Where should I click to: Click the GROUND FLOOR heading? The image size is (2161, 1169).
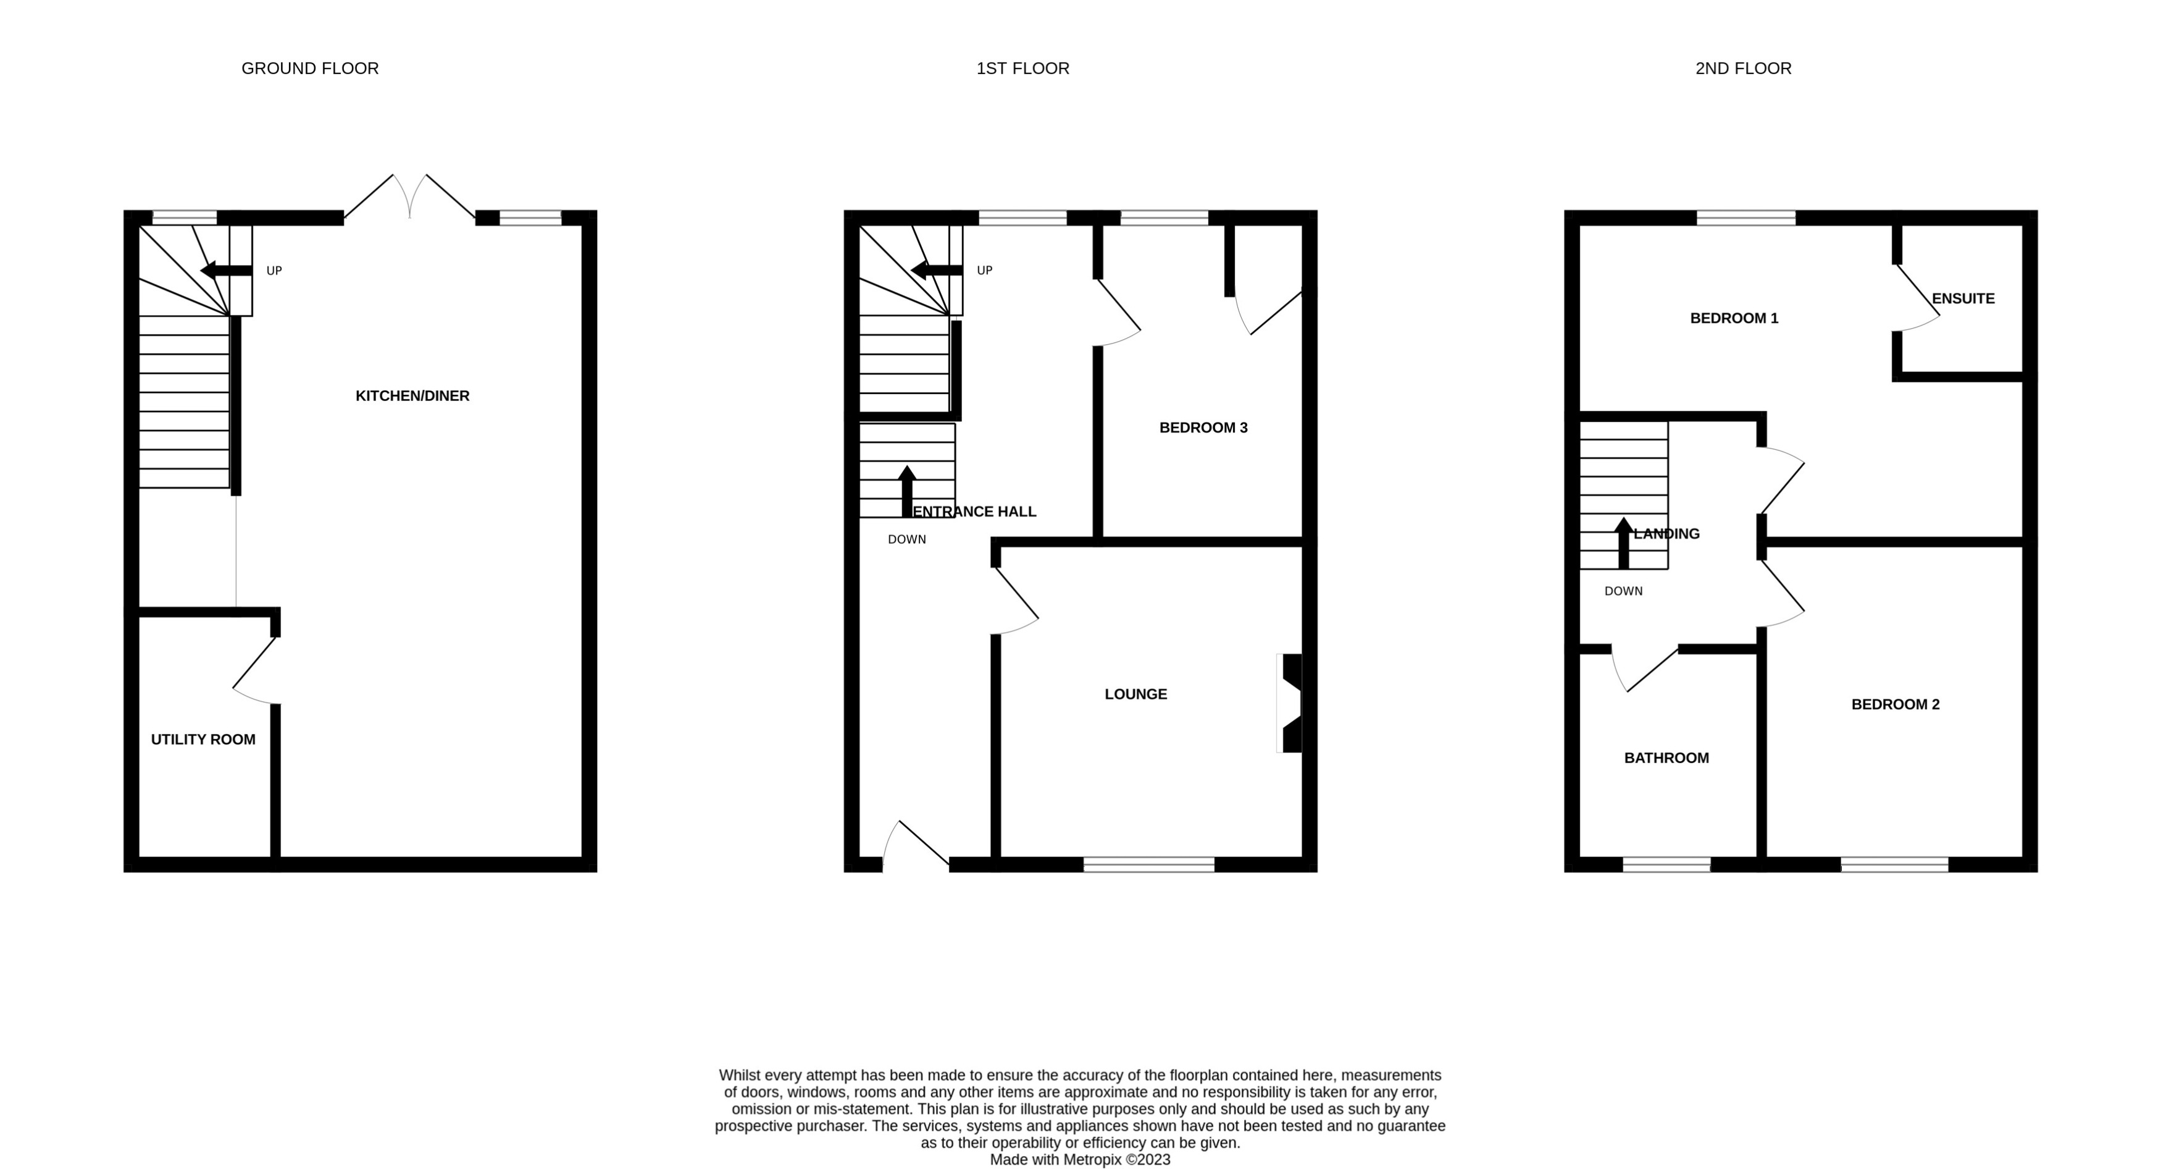click(x=309, y=69)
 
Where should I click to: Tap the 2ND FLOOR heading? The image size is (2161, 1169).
click(x=1742, y=69)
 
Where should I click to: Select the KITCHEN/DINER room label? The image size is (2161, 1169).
click(x=412, y=396)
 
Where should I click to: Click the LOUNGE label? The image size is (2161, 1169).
click(x=1135, y=694)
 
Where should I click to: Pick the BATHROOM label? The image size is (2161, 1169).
click(x=1666, y=758)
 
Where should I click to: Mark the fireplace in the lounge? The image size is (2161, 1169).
click(x=1290, y=703)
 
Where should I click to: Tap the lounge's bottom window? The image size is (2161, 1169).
click(x=1148, y=865)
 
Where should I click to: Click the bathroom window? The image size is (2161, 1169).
click(x=1666, y=865)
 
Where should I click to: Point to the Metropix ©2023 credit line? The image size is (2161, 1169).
click(x=1080, y=1160)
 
